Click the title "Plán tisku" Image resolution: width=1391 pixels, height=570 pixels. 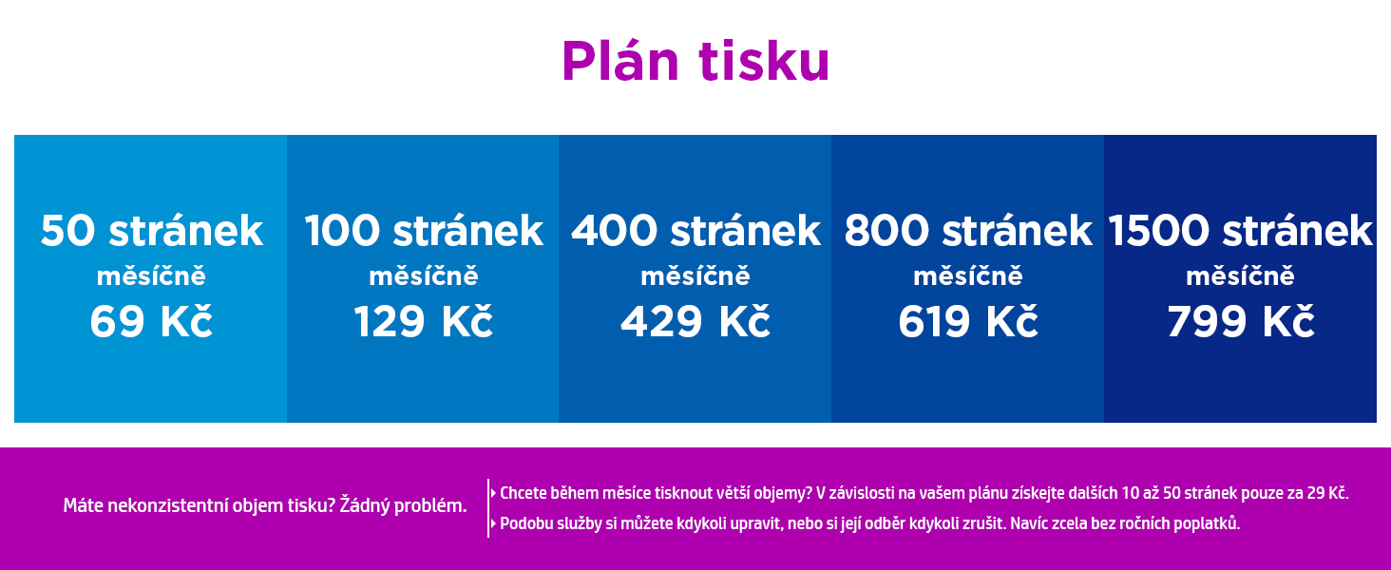[695, 60]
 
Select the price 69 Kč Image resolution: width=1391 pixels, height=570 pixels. [151, 321]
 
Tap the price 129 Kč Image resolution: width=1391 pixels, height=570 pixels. [424, 321]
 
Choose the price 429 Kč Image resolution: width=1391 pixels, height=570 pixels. [695, 321]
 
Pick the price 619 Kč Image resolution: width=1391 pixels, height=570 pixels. [968, 321]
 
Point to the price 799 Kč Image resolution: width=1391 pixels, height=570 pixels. [1241, 321]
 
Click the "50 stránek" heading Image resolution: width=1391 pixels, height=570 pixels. [152, 231]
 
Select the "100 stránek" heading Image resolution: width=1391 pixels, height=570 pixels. [424, 231]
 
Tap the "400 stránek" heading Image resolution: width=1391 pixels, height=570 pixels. [696, 231]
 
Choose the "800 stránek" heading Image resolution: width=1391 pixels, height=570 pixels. [968, 231]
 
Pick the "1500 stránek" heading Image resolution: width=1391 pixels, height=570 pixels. [1240, 231]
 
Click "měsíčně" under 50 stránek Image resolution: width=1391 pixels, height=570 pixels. [151, 275]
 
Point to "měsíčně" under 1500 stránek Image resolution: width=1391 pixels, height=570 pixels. [1240, 275]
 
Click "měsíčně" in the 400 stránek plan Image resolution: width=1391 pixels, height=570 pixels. [695, 275]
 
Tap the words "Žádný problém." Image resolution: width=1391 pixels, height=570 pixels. [403, 505]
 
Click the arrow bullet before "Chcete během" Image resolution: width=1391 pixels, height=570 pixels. [493, 494]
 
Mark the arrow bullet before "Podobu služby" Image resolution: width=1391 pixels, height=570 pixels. [493, 523]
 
